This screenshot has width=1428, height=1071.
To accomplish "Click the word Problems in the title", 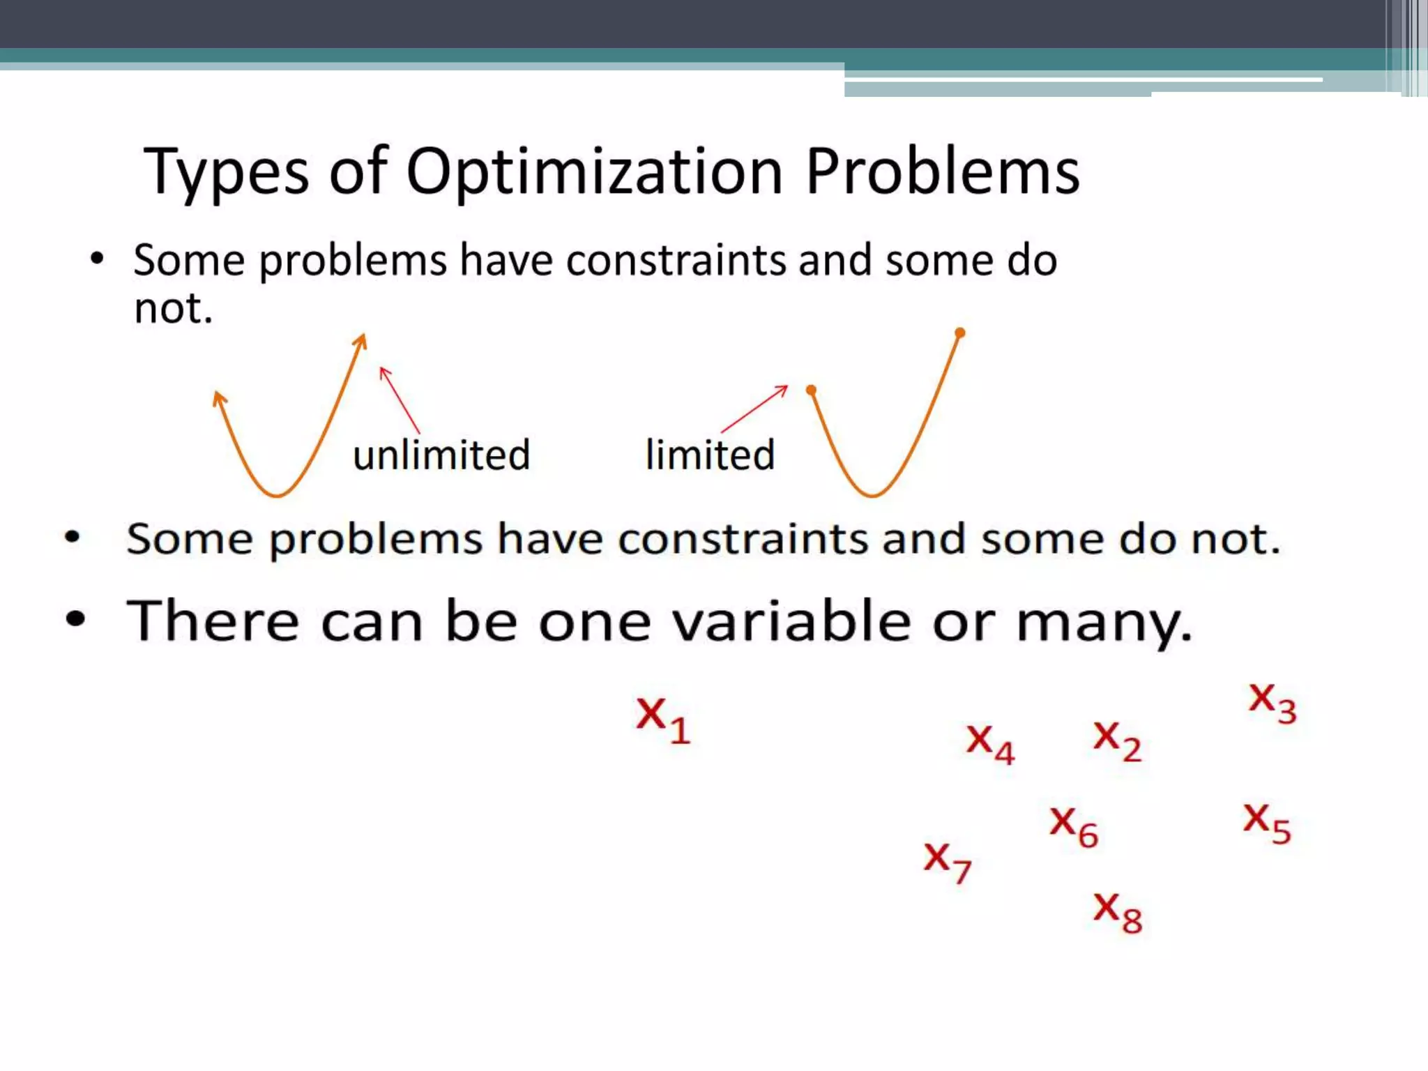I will pyautogui.click(x=942, y=171).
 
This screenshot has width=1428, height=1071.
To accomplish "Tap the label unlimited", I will pyautogui.click(x=441, y=455).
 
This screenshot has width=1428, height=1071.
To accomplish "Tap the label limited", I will pyautogui.click(x=710, y=455).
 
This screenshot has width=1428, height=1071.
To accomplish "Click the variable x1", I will pyautogui.click(x=662, y=720).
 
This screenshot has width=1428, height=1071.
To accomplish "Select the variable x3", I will pyautogui.click(x=1272, y=701).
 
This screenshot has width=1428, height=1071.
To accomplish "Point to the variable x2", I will pyautogui.click(x=1117, y=740).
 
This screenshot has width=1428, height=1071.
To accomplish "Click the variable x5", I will pyautogui.click(x=1267, y=823).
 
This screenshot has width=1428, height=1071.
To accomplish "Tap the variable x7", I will pyautogui.click(x=948, y=862).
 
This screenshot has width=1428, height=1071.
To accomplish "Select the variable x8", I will pyautogui.click(x=1117, y=911).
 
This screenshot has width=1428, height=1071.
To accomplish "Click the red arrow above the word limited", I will pyautogui.click(x=755, y=409).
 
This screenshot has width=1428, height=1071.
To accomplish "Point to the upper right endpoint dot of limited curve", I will pyautogui.click(x=960, y=333).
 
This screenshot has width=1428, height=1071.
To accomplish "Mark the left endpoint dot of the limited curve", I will pyautogui.click(x=811, y=390).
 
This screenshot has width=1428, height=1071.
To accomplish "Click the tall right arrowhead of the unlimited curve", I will pyautogui.click(x=361, y=341).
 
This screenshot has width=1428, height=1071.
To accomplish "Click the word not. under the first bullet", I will pyautogui.click(x=173, y=308).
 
